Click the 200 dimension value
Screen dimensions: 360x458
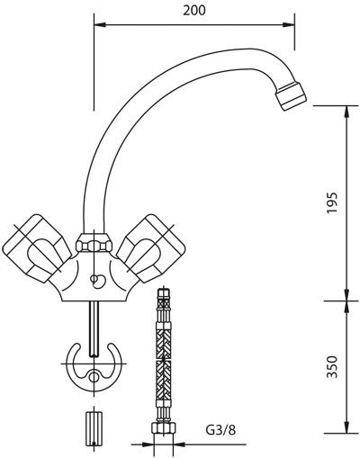coord(194,11)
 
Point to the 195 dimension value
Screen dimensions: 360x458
coord(332,202)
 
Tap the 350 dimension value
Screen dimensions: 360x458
coord(332,366)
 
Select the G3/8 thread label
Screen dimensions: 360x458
coord(220,431)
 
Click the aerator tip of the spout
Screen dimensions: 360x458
coord(292,95)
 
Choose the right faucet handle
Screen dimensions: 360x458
coord(151,248)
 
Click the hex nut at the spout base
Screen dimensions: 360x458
coord(94,242)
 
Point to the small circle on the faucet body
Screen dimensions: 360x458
coord(94,279)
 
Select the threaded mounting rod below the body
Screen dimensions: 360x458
coord(94,329)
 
